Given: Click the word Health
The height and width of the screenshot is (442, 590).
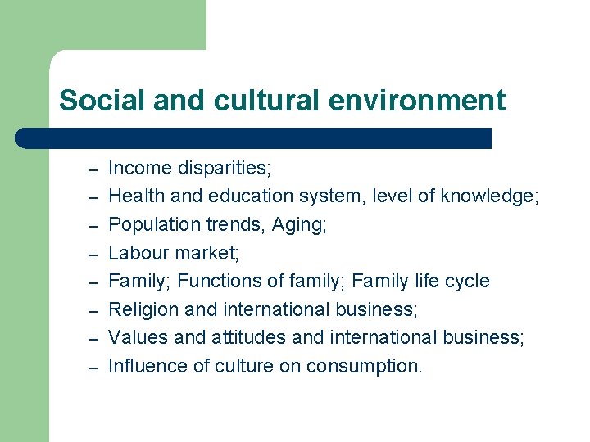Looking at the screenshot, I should pos(135,196).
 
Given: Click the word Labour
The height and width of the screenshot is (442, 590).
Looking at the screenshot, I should pos(138,254).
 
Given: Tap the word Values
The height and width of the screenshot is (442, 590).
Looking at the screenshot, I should pos(135,338).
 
